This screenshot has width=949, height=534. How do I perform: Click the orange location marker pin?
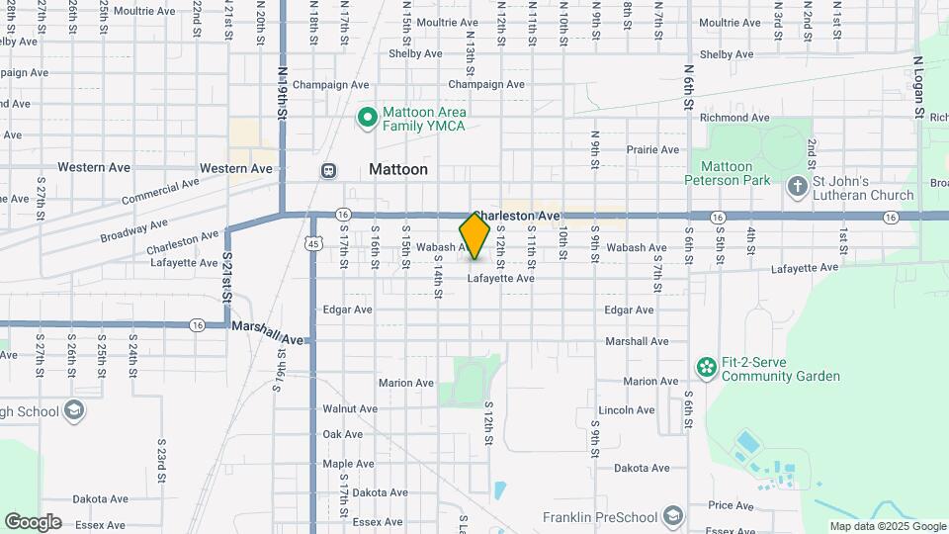tap(475, 236)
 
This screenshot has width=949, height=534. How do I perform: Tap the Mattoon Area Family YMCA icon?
tap(368, 119)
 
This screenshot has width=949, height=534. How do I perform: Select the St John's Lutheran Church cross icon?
tap(798, 186)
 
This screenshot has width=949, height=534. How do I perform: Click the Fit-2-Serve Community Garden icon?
tap(706, 369)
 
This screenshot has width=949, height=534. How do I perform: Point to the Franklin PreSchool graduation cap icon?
tap(673, 516)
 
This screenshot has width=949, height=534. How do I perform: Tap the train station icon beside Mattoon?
tap(328, 170)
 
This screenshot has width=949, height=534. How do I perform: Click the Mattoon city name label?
tap(398, 169)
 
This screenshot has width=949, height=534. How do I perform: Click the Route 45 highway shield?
tap(312, 243)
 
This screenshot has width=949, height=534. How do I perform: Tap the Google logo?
tap(33, 521)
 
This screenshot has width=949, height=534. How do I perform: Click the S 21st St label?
tap(226, 277)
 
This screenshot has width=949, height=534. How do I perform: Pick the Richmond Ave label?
tap(734, 118)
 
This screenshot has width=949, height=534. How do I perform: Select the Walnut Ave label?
tap(350, 408)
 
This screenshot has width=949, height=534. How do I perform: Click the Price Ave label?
tap(732, 505)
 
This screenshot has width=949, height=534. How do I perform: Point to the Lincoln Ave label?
tap(627, 409)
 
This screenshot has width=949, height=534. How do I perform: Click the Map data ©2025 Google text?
tap(887, 526)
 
